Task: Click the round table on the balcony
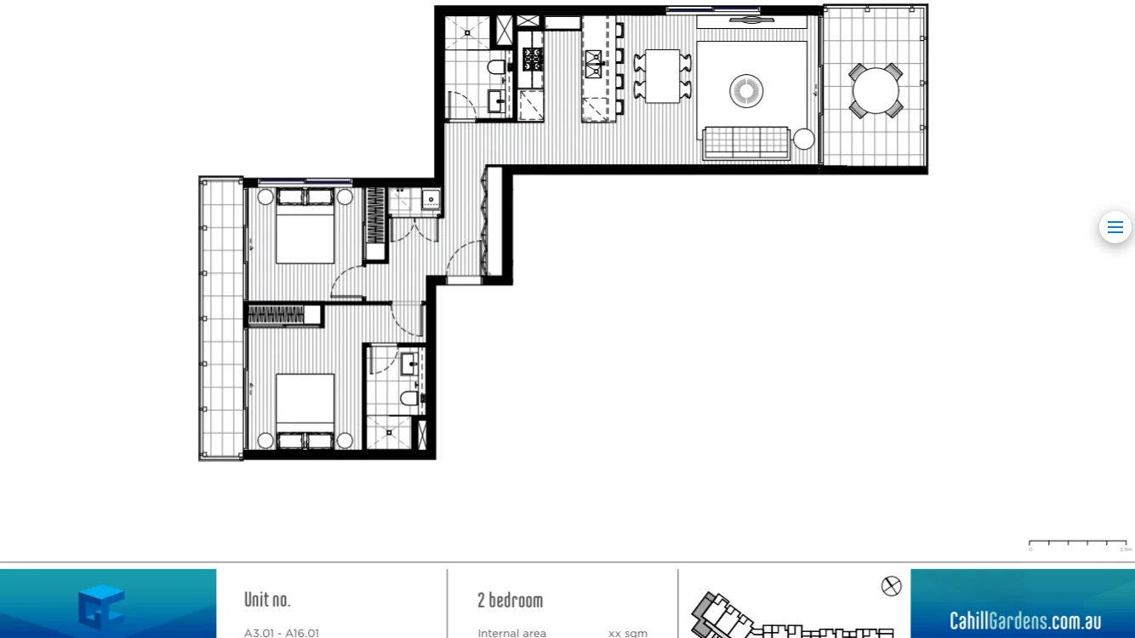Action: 875,91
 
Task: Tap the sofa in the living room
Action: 746,142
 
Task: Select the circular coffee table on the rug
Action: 746,91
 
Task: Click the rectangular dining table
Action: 662,77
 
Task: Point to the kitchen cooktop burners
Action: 533,58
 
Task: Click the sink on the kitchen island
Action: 593,60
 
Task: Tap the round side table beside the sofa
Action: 804,139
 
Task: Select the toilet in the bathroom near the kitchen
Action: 497,66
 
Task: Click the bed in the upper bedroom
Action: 305,231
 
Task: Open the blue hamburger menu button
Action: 1115,227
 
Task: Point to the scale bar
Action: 1077,543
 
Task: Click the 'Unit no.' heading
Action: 267,600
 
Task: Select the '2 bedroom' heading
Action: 510,600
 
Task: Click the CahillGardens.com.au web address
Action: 1025,620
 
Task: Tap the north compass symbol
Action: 891,586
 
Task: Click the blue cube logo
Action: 101,607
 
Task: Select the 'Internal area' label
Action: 511,633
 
